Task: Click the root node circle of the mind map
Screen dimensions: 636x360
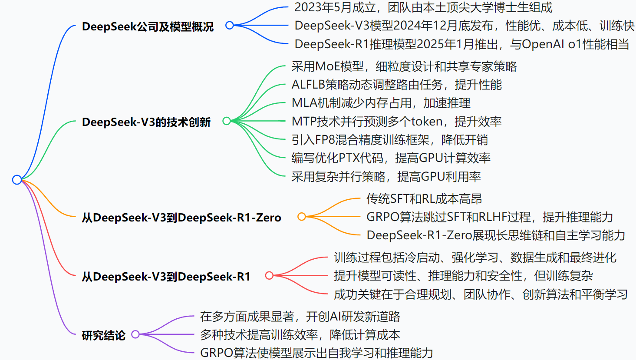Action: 17,180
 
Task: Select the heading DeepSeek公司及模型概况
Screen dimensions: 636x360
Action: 148,26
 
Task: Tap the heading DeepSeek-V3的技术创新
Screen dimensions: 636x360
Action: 146,122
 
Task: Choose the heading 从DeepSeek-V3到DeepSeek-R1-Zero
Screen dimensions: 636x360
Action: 181,217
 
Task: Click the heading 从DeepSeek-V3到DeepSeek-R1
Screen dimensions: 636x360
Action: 166,276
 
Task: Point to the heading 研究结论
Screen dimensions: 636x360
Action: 103,335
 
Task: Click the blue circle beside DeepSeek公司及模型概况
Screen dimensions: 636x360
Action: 230,26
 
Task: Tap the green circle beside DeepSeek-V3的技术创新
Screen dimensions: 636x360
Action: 226,121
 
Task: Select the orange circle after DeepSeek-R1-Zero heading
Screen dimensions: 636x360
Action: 301,216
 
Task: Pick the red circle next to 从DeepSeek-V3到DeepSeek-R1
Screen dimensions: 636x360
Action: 269,275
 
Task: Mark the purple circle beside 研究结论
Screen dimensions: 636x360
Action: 135,334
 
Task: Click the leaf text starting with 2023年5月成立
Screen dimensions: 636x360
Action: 423,7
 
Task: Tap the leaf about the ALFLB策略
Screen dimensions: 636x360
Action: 396,85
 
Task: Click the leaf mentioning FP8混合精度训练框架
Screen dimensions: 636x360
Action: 389,140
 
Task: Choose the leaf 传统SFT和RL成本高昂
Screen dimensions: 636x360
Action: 424,199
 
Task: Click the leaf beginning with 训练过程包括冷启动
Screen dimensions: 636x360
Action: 475,258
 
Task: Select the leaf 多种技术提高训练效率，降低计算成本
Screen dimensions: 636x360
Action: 300,335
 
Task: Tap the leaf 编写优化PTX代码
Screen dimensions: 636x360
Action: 391,158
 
